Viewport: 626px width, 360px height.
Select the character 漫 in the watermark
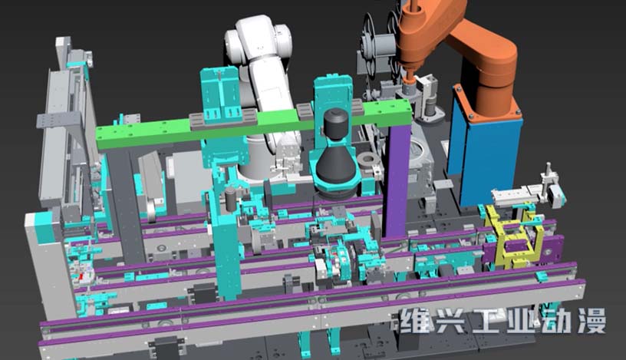coord(592,320)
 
